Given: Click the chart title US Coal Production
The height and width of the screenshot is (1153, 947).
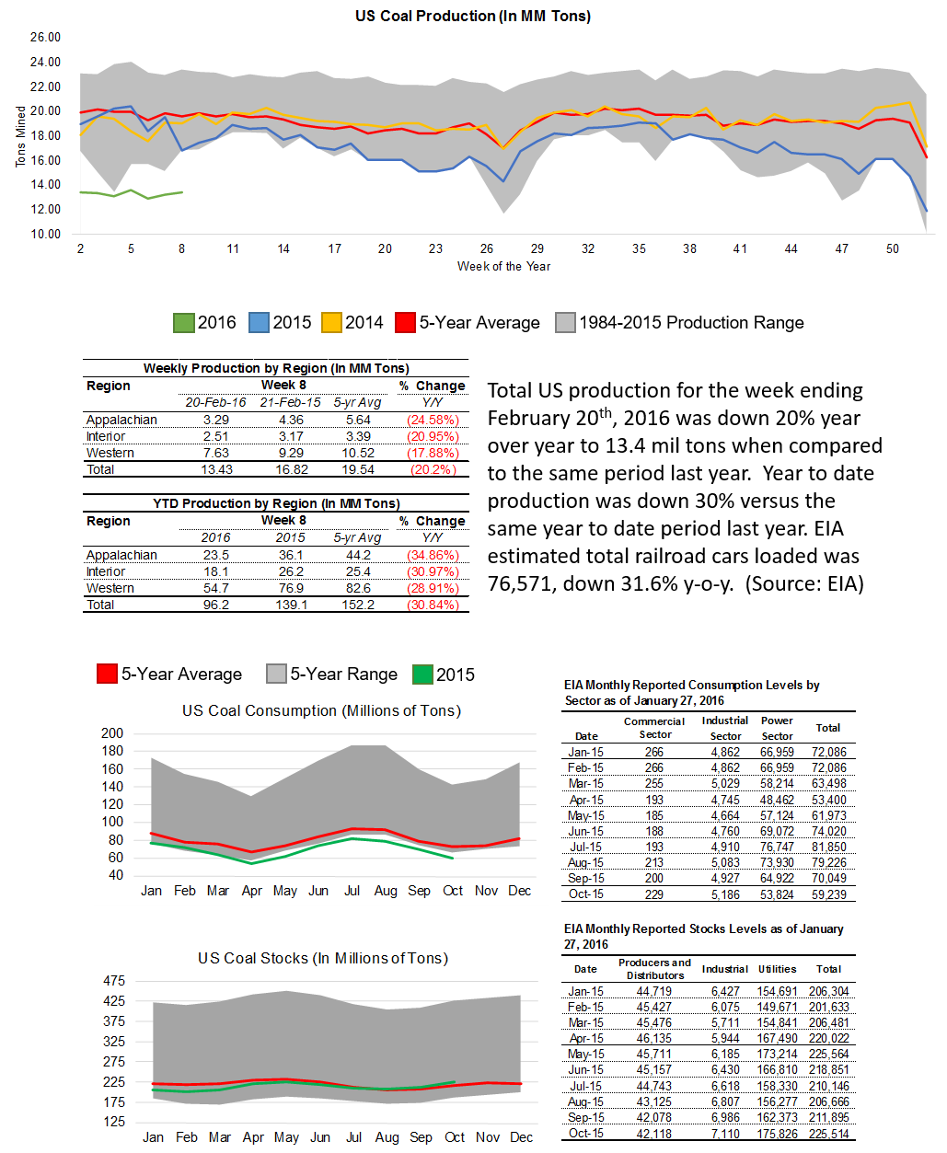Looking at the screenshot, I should tap(473, 16).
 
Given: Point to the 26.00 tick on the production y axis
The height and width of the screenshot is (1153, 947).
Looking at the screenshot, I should tap(45, 38).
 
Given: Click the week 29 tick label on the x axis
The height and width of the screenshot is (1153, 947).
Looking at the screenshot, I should tap(537, 248).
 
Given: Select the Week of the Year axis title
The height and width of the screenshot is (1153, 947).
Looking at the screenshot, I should tap(503, 266).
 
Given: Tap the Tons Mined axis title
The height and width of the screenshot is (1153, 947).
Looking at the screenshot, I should tap(20, 135).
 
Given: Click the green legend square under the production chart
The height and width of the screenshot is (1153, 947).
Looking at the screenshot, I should tap(184, 322).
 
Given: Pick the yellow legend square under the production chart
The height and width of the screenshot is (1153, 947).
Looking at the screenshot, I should tap(331, 322).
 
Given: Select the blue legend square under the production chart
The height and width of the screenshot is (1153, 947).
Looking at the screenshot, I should tap(259, 322).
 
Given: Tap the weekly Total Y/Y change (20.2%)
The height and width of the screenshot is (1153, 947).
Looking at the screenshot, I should tap(432, 469).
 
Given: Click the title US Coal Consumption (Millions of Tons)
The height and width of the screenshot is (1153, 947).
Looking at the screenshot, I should tap(321, 710).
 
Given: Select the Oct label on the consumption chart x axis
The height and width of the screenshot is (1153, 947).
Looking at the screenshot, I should tap(453, 891).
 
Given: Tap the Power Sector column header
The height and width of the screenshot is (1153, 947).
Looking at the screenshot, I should tap(777, 728).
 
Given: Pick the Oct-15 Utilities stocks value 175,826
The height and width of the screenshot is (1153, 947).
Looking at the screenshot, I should tap(777, 1132).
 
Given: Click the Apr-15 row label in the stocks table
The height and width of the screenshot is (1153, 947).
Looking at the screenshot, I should tap(585, 1038).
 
